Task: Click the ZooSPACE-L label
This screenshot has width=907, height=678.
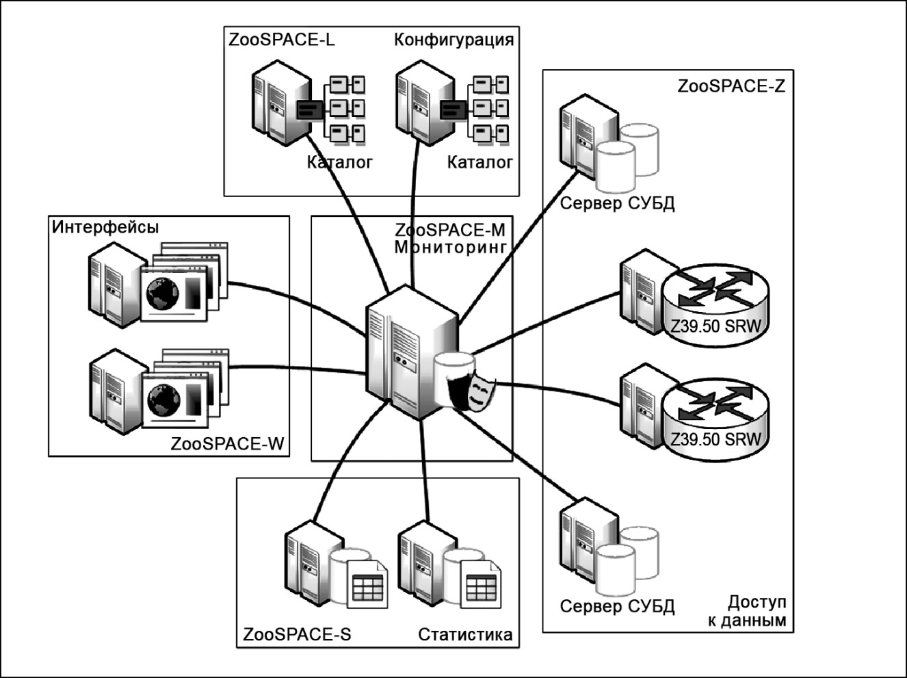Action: coord(281,40)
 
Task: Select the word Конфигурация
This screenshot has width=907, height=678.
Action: coord(454,40)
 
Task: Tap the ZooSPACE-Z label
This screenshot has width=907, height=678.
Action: coord(731,86)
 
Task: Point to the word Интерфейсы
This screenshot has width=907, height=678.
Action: coord(105,227)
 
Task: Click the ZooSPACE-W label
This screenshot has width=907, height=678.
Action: coord(227,444)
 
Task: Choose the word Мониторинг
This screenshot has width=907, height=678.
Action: coord(450,247)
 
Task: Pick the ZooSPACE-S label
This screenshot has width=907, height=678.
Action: coord(297,635)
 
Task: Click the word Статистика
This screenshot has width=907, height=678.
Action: coord(465,635)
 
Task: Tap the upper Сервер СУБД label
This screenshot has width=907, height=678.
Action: coord(618,203)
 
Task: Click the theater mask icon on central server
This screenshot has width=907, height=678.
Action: coord(479,391)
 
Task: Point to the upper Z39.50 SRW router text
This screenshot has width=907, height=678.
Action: coord(715,326)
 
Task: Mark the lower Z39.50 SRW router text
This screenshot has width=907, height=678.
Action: coord(715,439)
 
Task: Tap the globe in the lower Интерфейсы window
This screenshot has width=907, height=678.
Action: coord(164,400)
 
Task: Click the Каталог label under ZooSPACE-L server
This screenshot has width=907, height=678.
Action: coord(340,162)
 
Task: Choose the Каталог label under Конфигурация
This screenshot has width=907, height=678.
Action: coord(479,162)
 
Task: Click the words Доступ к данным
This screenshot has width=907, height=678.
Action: coord(747,612)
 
